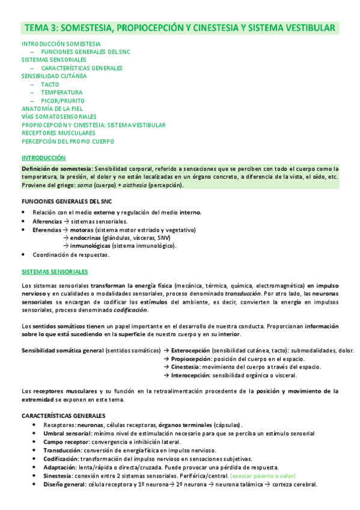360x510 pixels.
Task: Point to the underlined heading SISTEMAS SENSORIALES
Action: (x=54, y=272)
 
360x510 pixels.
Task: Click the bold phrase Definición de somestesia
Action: (x=57, y=168)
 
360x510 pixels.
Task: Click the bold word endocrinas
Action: (x=85, y=238)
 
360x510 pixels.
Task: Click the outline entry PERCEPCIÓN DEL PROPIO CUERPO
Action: (x=67, y=141)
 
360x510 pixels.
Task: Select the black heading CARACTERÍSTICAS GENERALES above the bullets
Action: (x=63, y=416)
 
